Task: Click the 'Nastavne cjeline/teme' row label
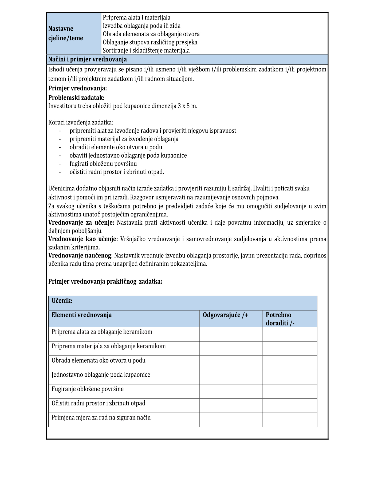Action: (x=66, y=33)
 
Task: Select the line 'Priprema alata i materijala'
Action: (x=136, y=18)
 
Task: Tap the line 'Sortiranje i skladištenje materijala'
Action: (x=146, y=50)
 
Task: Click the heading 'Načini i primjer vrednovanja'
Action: (x=87, y=59)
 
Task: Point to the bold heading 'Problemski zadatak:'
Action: (x=76, y=98)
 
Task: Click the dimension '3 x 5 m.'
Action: (x=187, y=106)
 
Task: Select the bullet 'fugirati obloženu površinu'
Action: (x=103, y=164)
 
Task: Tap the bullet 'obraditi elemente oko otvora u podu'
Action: (x=116, y=147)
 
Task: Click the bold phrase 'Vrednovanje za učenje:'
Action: (x=81, y=223)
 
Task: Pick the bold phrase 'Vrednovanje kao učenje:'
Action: (x=83, y=239)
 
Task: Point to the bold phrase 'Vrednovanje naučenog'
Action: (x=80, y=256)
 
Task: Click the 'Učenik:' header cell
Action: (x=62, y=301)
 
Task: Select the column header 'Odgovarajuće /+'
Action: (x=226, y=315)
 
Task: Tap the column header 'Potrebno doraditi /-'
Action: (x=280, y=319)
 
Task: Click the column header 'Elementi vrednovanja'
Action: (x=82, y=315)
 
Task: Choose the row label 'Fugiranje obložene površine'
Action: (x=88, y=389)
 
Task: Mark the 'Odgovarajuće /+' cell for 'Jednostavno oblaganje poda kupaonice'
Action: (x=231, y=377)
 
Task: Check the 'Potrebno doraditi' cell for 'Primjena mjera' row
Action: (x=290, y=420)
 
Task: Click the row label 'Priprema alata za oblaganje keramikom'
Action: (x=102, y=332)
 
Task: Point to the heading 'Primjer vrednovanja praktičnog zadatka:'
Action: (x=105, y=281)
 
